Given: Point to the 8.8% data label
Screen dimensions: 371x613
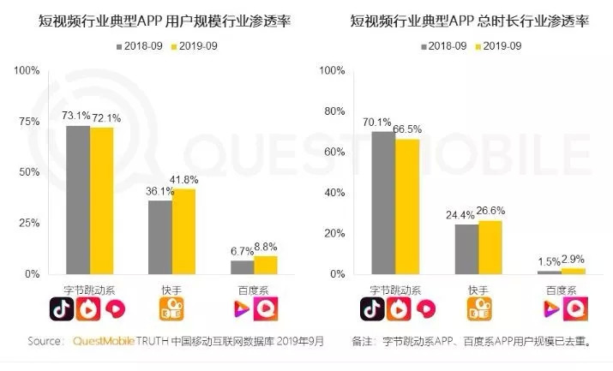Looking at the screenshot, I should pos(266,247).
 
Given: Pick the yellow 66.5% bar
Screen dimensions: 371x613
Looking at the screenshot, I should pos(407,206).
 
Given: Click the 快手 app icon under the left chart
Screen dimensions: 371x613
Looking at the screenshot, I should pos(172,308).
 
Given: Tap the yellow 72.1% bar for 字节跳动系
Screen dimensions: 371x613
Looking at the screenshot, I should pos(101,200).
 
